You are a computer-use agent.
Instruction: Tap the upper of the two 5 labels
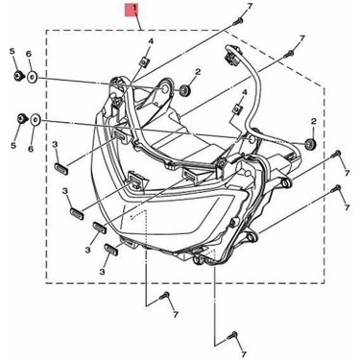pos(12,50)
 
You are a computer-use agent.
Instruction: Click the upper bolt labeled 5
pos(17,74)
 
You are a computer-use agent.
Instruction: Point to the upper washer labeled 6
pos(33,75)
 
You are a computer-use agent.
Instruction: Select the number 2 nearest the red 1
pos(197,72)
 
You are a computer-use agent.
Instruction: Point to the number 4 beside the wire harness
pos(244,92)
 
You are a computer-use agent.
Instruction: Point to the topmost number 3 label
pos(57,145)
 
